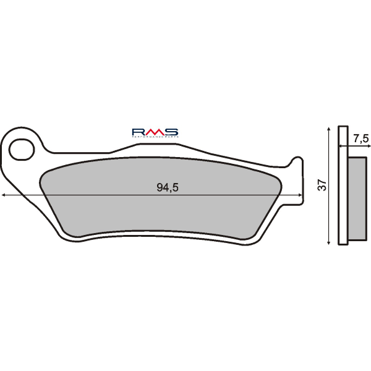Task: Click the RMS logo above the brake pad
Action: click(155, 132)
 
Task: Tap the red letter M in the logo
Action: click(155, 131)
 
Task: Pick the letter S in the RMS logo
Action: click(171, 131)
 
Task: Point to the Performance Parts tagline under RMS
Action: click(155, 137)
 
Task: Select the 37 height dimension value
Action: click(321, 185)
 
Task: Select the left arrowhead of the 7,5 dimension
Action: click(339, 147)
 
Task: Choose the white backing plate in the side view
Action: click(343, 185)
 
